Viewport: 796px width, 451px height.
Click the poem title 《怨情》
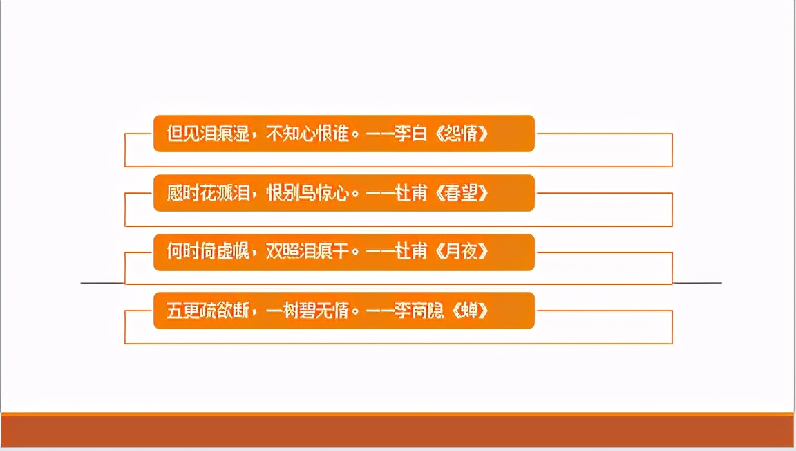[462, 134]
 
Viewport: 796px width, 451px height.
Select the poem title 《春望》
[462, 193]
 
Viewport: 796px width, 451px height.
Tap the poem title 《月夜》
[462, 252]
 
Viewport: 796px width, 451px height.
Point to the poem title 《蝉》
[470, 311]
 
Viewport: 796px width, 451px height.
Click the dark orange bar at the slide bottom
[397, 431]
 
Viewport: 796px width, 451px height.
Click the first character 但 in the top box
[175, 134]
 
